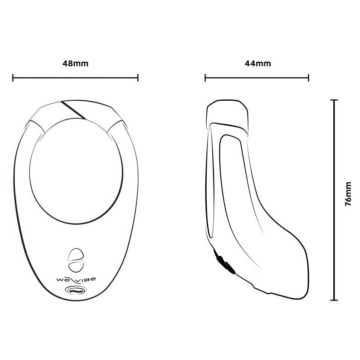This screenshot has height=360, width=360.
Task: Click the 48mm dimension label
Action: (75, 64)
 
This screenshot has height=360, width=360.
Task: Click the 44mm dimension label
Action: (258, 64)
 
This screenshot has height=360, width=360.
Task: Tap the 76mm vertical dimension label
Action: (348, 194)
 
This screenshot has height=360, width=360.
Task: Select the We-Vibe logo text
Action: (76, 280)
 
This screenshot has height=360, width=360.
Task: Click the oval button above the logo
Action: (76, 260)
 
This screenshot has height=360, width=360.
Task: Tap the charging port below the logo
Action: (76, 290)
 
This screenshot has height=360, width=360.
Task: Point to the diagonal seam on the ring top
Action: (74, 110)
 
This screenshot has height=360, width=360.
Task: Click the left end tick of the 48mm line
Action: (13, 78)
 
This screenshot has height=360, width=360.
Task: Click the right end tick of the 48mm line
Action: (138, 78)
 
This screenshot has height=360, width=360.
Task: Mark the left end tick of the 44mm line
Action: (205, 78)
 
